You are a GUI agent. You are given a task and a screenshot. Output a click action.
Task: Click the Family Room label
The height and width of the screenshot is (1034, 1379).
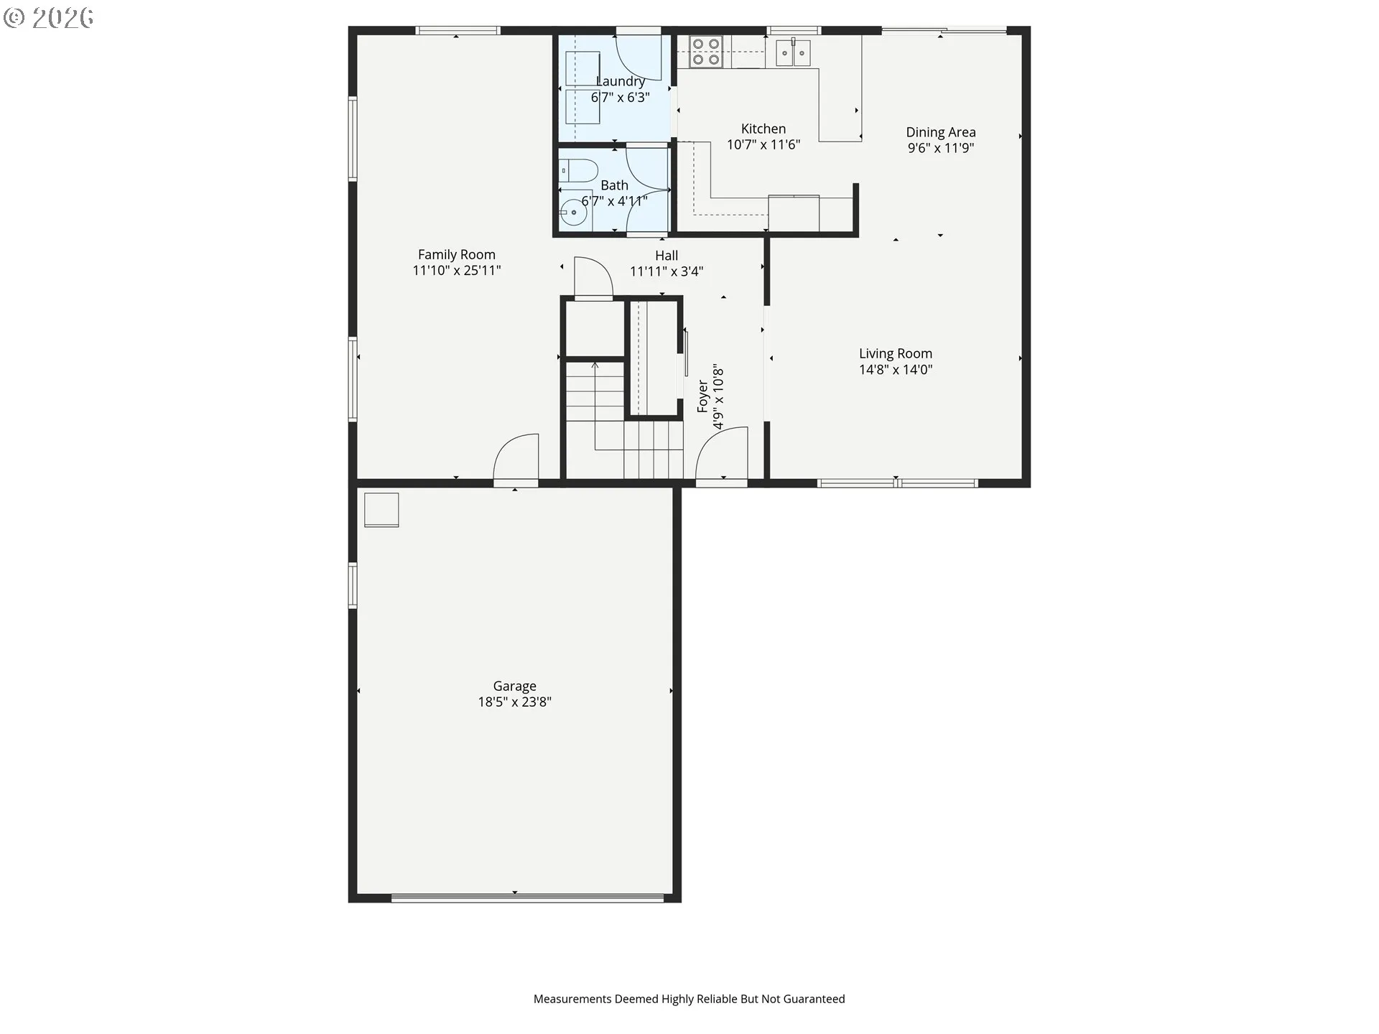click(456, 254)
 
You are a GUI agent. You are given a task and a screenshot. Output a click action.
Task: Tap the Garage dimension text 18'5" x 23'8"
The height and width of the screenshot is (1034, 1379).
click(514, 702)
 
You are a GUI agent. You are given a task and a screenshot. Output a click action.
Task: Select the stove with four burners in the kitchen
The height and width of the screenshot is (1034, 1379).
click(705, 52)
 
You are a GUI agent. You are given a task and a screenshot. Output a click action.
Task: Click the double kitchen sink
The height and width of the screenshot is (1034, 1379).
click(793, 52)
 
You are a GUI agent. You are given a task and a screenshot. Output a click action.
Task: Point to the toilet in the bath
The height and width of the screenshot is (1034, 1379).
click(579, 171)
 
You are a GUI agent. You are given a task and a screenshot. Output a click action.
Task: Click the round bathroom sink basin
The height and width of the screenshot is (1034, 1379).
click(573, 213)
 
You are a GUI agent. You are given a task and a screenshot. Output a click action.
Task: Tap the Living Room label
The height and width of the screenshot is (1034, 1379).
click(895, 353)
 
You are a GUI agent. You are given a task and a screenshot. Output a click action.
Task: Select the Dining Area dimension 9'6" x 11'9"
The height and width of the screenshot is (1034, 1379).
click(940, 148)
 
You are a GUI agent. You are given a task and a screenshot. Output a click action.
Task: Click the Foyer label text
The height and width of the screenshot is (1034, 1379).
click(702, 396)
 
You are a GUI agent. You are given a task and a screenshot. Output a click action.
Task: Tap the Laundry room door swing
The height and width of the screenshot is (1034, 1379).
click(639, 57)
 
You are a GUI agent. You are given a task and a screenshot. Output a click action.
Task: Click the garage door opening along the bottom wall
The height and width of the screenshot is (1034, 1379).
click(527, 897)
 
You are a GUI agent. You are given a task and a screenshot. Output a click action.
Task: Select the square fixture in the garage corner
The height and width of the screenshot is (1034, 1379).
click(381, 510)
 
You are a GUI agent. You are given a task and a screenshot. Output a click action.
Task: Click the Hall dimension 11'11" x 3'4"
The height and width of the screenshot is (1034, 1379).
click(666, 271)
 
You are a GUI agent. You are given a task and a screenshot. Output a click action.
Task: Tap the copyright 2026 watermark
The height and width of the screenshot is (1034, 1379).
click(48, 17)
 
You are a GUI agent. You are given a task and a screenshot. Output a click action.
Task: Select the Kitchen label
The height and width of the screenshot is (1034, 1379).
click(763, 129)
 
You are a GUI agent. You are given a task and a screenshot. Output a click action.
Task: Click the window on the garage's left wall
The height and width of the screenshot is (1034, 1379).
click(353, 585)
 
